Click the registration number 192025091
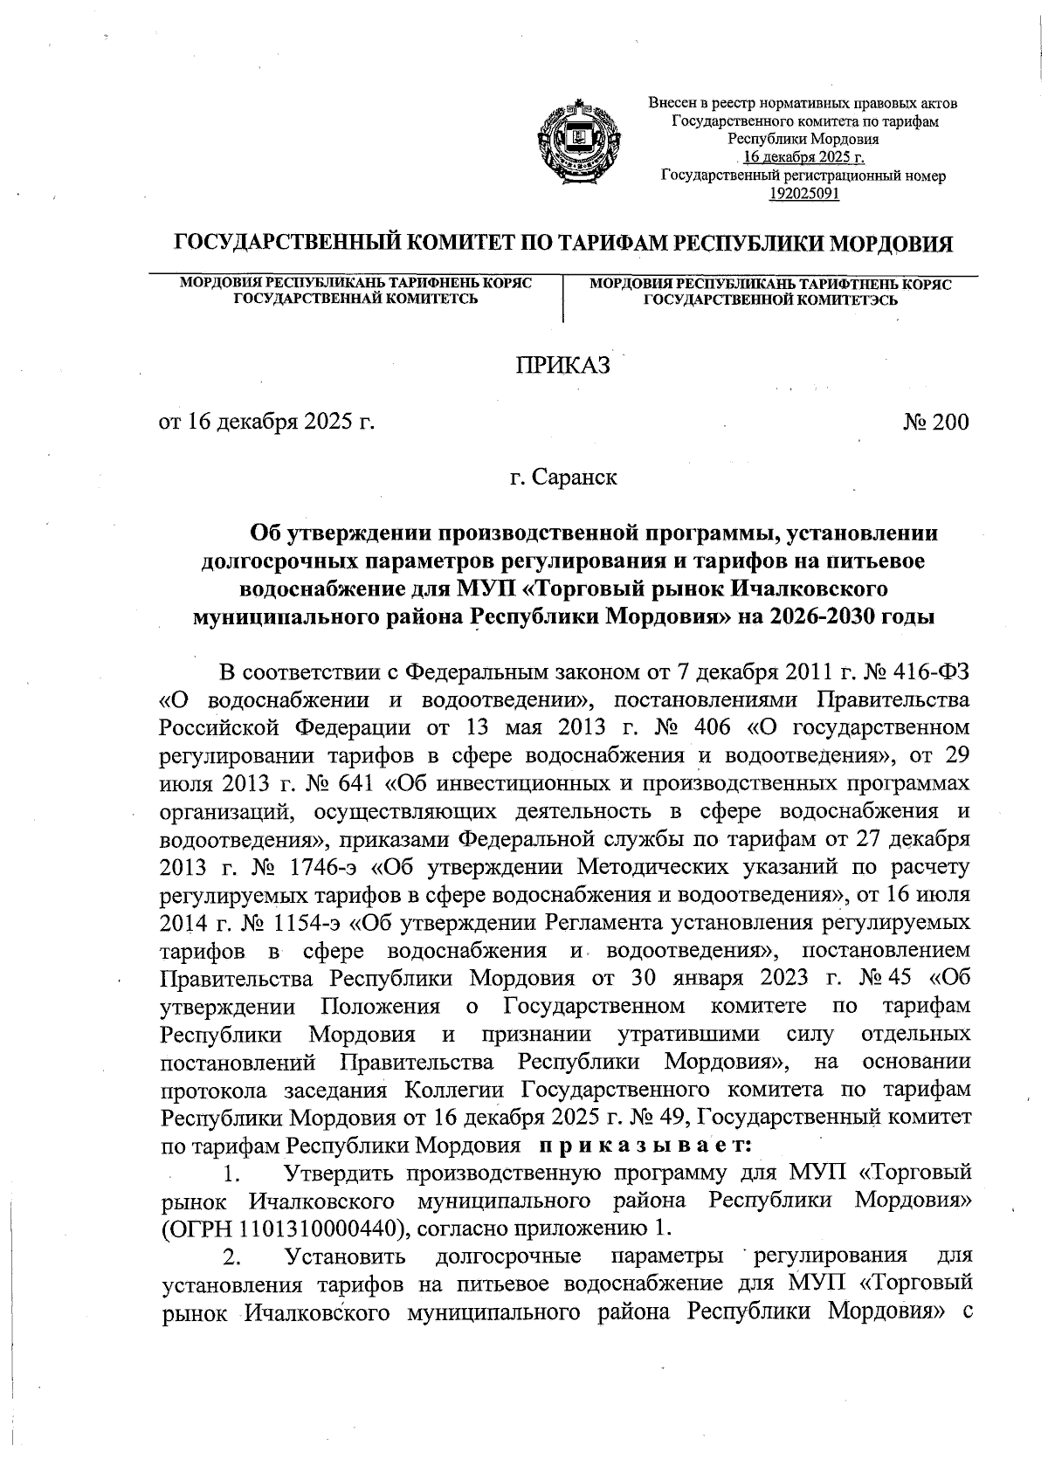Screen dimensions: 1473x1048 803,193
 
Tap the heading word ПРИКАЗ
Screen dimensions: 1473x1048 560,367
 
